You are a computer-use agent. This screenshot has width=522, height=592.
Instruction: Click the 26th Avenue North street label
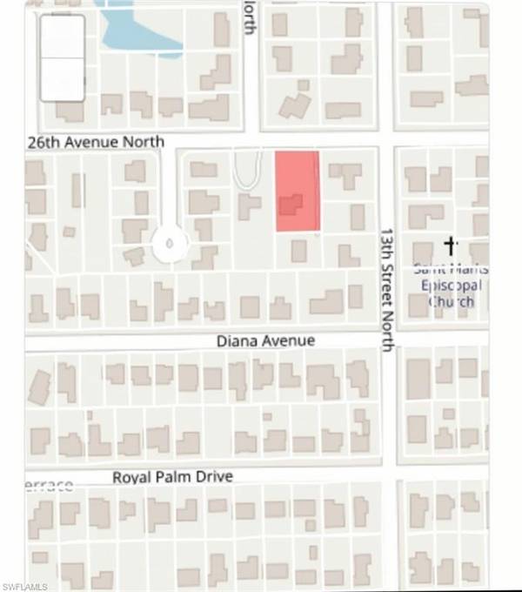(x=96, y=141)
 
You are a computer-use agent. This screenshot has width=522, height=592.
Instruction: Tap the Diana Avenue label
(x=265, y=341)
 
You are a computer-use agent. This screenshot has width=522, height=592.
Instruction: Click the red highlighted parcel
(x=298, y=190)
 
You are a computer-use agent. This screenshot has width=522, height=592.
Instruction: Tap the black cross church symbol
(x=451, y=246)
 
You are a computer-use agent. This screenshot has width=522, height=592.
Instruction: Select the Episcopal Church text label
(x=449, y=286)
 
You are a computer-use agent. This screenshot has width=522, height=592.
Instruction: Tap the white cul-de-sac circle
(x=169, y=243)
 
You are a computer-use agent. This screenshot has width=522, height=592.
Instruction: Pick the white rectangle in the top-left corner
(x=63, y=58)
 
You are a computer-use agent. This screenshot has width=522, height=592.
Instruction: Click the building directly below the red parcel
(x=298, y=251)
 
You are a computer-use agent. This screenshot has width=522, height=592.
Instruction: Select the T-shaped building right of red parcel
(x=346, y=174)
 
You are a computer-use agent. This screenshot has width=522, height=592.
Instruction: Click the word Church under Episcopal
(x=451, y=301)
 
